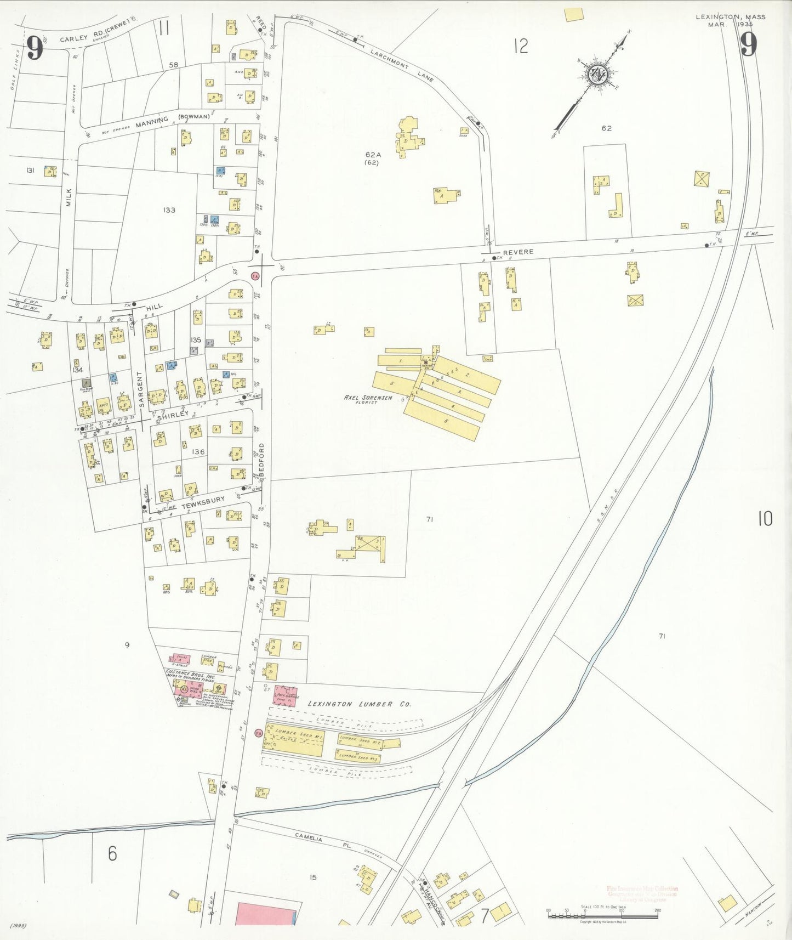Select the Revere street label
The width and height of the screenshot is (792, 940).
click(x=518, y=252)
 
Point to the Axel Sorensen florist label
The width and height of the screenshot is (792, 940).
click(x=368, y=398)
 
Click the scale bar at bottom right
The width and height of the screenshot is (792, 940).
click(x=602, y=914)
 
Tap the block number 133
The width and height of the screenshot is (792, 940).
click(x=169, y=210)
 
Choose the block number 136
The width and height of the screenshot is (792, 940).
click(x=198, y=452)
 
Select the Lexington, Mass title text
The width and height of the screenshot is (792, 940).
click(x=731, y=17)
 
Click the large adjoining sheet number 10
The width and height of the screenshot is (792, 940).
click(x=765, y=518)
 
